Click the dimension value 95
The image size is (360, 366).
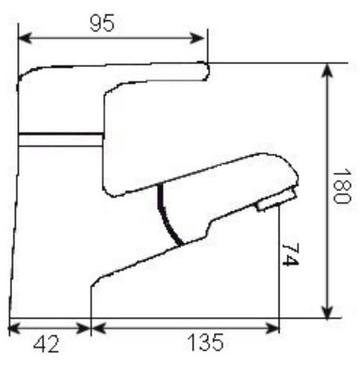[x=102, y=23]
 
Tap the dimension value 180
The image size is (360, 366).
[x=342, y=186]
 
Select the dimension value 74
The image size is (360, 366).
[x=291, y=255]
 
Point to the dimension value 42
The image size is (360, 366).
[x=46, y=344]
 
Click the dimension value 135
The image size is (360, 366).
[x=205, y=342]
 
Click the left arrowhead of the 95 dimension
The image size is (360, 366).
[x=24, y=38]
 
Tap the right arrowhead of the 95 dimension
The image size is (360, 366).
[x=197, y=38]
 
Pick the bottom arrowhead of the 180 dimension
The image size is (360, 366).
[x=328, y=311]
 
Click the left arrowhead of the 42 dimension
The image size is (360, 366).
[x=15, y=328]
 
